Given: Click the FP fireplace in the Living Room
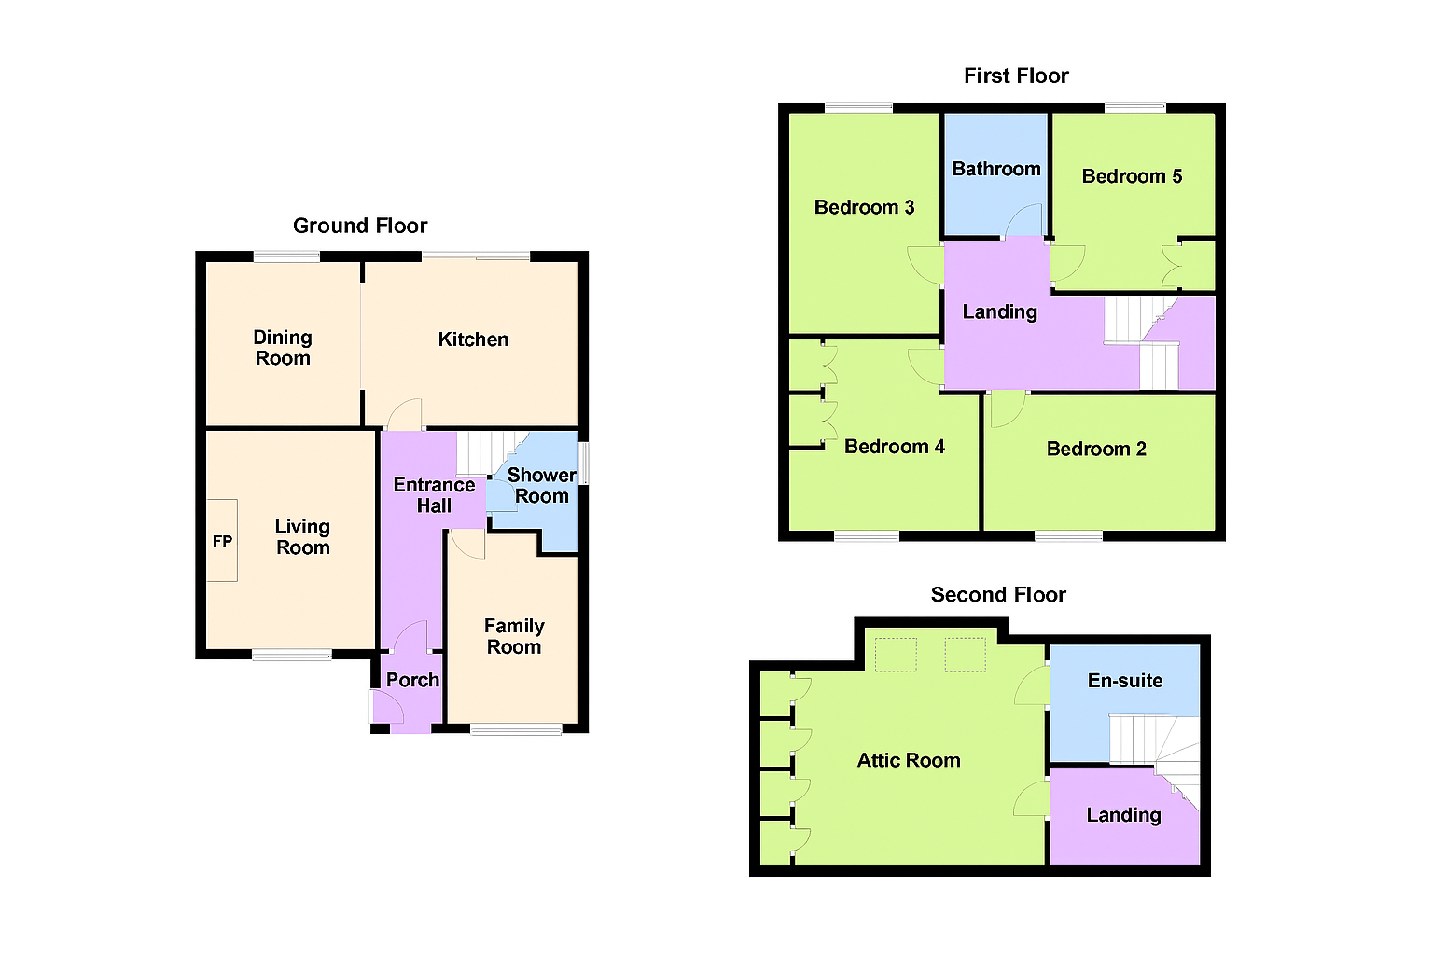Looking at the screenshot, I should tap(222, 541).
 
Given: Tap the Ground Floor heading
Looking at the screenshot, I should tap(360, 226).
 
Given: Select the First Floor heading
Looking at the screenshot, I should tap(1016, 76).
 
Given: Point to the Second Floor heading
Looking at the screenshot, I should tap(998, 595).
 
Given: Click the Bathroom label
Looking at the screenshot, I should tap(995, 169).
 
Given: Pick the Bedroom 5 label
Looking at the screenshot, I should tap(1132, 176).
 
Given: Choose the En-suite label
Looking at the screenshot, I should tap(1125, 681).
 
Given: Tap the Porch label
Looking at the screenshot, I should tap(412, 680).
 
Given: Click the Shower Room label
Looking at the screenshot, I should tap(541, 486).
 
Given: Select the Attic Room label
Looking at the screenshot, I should tap(909, 760).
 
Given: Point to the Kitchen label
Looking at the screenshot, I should tap(473, 339).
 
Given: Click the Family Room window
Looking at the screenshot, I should tap(516, 729).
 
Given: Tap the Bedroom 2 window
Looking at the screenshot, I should tap(1068, 536).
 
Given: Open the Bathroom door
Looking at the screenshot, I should tap(1025, 222).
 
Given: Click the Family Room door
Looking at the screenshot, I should tap(466, 543).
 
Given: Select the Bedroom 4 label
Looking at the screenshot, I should tap(894, 447).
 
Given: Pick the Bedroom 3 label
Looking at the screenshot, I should tap(864, 207).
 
